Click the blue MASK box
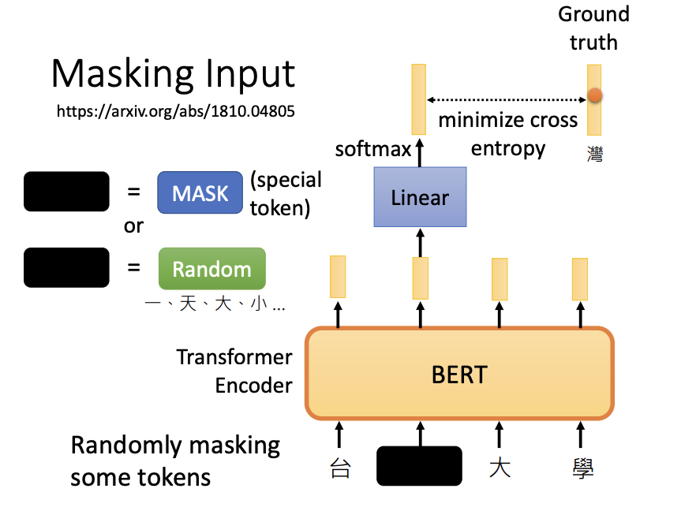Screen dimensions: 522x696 [200, 193]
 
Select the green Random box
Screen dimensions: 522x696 [211, 269]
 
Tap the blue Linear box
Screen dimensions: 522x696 [420, 196]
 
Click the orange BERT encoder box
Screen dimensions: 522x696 [459, 373]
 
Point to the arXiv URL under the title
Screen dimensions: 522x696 [175, 111]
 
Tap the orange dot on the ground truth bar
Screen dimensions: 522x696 [595, 96]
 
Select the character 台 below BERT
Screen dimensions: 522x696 [339, 468]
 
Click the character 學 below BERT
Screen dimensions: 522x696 [582, 468]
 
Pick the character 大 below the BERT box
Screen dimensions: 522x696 [500, 468]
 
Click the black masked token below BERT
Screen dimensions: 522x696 [419, 465]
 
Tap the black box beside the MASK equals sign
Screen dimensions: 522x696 [66, 192]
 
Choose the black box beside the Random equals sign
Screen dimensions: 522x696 [66, 267]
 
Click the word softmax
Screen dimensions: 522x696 [372, 148]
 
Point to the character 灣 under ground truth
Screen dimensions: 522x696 [595, 154]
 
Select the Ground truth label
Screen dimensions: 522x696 [593, 28]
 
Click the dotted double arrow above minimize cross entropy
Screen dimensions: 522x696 [507, 100]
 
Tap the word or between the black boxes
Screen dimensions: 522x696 [133, 226]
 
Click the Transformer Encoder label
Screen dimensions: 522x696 [234, 371]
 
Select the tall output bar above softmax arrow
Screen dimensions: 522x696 [418, 99]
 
